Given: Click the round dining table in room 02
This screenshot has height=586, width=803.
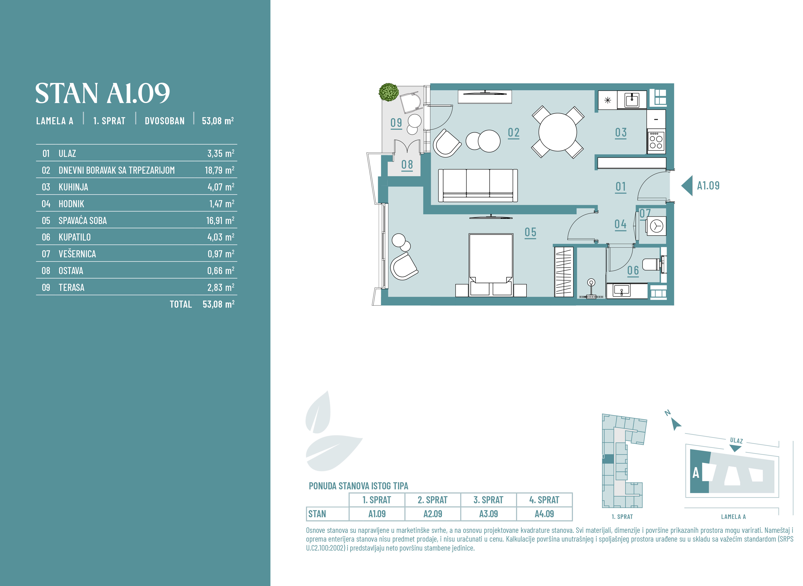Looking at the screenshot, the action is pyautogui.click(x=557, y=132).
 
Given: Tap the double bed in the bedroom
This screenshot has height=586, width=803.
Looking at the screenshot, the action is pyautogui.click(x=491, y=265).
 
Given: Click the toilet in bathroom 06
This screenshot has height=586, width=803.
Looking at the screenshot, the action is pyautogui.click(x=654, y=264).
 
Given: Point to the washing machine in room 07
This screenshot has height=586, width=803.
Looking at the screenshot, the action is pyautogui.click(x=656, y=226).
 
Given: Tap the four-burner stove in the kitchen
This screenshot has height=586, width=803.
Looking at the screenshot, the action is pyautogui.click(x=656, y=142).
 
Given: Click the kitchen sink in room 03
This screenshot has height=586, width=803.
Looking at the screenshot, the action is pyautogui.click(x=632, y=100).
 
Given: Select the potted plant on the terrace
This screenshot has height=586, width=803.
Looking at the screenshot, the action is pyautogui.click(x=389, y=92).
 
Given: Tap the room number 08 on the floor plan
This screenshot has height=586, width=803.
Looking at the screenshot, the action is pyautogui.click(x=407, y=165).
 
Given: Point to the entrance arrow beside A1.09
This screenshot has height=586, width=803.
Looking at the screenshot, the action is pyautogui.click(x=687, y=185).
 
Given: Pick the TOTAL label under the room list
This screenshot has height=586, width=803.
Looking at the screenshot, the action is pyautogui.click(x=181, y=304).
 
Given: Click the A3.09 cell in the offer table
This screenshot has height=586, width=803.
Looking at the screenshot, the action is pyautogui.click(x=488, y=514).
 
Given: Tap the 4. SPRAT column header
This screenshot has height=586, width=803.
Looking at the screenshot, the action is pyautogui.click(x=544, y=500).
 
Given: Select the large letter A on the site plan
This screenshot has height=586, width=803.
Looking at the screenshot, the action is pyautogui.click(x=696, y=473).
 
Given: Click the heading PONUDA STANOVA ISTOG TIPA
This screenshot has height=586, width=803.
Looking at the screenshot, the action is pyautogui.click(x=358, y=486).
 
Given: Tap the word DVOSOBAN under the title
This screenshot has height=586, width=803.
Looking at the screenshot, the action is pyautogui.click(x=164, y=121).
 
